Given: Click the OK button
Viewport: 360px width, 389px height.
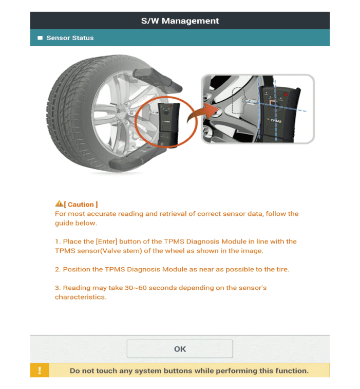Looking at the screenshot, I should pos(180,349).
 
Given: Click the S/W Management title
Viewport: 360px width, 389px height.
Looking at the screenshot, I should pos(180,21).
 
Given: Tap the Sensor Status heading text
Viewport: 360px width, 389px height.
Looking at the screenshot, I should pos(70,38).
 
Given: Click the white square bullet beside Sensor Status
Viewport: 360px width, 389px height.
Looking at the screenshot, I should pos(40,38).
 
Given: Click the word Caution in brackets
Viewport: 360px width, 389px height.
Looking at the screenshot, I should pos(81,205).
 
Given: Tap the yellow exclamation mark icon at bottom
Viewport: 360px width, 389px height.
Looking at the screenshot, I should pos(40,371).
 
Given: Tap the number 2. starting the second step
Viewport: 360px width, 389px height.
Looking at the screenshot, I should pos(58,269).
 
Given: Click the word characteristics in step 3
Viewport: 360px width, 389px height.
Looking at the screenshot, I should pos(80,297).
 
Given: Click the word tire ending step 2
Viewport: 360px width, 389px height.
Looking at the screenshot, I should pos(281,269).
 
